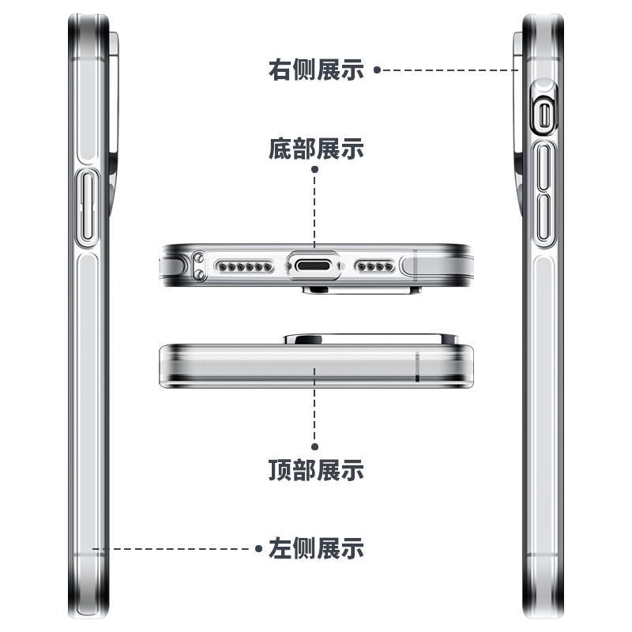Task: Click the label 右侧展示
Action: (x=316, y=70)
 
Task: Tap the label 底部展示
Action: (x=316, y=148)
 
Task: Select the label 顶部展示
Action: (x=316, y=471)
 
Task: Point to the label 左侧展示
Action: (x=316, y=547)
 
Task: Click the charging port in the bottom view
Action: (x=315, y=266)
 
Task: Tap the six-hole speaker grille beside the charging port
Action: (x=241, y=267)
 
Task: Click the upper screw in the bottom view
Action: (x=199, y=258)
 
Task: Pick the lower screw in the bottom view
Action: (x=199, y=274)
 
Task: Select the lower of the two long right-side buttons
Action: (x=544, y=217)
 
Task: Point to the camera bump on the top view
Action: (x=370, y=339)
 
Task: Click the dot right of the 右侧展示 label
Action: (x=377, y=70)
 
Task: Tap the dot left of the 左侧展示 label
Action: (x=258, y=547)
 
